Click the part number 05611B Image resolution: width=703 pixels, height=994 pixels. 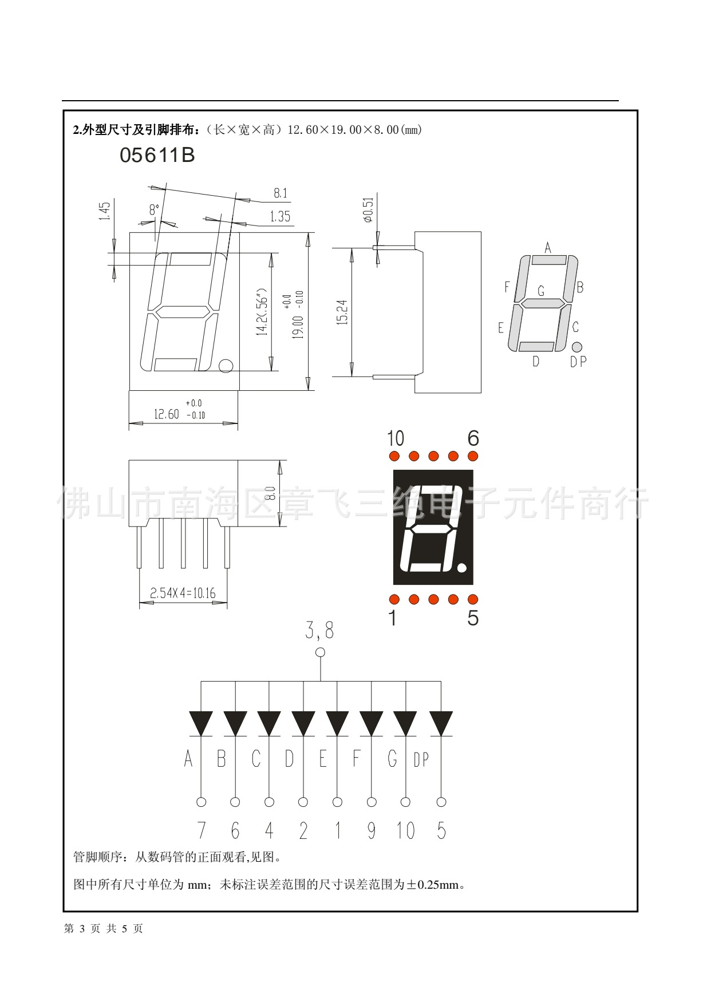[157, 155]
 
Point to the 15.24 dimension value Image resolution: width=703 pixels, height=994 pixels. [342, 312]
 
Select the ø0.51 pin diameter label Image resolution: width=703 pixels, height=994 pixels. [368, 209]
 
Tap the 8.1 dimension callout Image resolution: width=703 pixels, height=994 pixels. [280, 193]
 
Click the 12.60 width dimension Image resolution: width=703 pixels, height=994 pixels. [166, 414]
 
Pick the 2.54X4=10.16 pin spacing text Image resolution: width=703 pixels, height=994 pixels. [183, 593]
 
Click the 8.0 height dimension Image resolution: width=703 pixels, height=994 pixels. [271, 493]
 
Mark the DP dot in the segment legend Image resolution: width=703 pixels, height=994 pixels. [576, 347]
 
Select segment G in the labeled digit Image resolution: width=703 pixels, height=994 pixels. [542, 304]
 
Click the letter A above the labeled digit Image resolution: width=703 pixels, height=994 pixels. [548, 248]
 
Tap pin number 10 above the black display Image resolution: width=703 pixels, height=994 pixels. [395, 438]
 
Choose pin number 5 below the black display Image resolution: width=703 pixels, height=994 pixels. [473, 618]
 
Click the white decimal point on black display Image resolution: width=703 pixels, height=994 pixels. [462, 568]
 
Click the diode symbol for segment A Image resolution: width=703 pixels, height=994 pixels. [201, 723]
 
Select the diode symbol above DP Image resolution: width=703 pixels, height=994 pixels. [441, 723]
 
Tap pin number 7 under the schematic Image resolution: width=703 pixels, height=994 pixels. [201, 830]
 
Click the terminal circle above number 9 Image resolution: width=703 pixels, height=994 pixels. [372, 802]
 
